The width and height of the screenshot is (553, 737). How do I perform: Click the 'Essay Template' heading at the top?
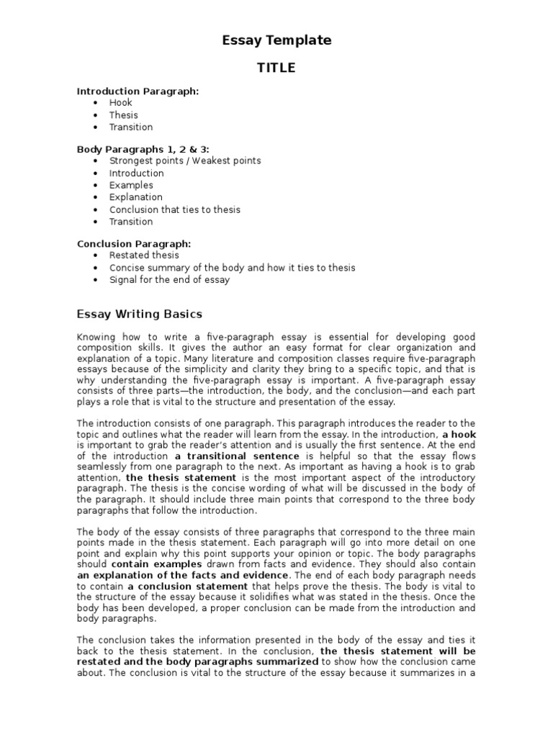(x=276, y=41)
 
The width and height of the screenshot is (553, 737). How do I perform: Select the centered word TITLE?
(x=276, y=68)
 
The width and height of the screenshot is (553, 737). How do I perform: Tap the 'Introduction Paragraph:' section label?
(x=138, y=91)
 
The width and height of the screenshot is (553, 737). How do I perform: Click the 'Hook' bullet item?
(x=120, y=103)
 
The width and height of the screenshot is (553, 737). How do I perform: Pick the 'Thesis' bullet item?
(x=123, y=115)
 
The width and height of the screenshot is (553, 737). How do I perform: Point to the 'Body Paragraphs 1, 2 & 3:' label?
(x=143, y=149)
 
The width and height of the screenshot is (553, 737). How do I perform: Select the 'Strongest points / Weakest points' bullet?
(x=185, y=161)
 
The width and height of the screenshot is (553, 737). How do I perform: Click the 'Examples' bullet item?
(x=131, y=186)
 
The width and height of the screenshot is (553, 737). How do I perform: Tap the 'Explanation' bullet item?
(x=135, y=197)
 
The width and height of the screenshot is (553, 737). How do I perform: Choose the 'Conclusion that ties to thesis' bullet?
(x=175, y=209)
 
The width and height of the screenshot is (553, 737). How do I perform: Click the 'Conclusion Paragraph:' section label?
(x=134, y=243)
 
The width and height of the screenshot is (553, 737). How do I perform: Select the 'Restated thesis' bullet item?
(x=144, y=256)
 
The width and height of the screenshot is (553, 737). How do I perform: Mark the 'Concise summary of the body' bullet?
(x=232, y=268)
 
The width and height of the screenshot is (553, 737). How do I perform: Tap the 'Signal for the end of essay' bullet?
(x=169, y=280)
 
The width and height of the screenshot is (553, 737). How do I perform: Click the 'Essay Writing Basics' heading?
(x=140, y=315)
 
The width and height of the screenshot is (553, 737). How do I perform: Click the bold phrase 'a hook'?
(x=459, y=435)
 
